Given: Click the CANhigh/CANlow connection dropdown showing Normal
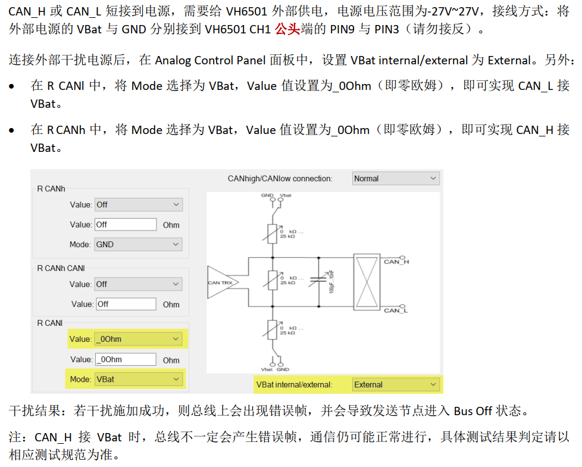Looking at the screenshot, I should coord(396,179).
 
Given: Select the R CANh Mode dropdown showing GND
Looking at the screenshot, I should coord(137,244).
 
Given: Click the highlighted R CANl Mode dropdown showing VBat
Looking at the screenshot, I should coord(137,379).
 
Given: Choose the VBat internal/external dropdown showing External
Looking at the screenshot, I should coord(396,384).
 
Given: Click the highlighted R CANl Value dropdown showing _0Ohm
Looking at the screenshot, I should coord(137,339).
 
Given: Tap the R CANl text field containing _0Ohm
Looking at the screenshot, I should coord(125,359).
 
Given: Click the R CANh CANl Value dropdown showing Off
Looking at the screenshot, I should coord(137,284).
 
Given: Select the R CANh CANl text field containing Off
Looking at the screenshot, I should coord(125,304).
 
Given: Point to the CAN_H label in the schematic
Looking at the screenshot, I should coord(396,261).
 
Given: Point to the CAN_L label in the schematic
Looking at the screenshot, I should coord(396,310).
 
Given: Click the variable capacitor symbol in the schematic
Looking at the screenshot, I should coord(320,281).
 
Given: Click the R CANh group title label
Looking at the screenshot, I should coord(51,189).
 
